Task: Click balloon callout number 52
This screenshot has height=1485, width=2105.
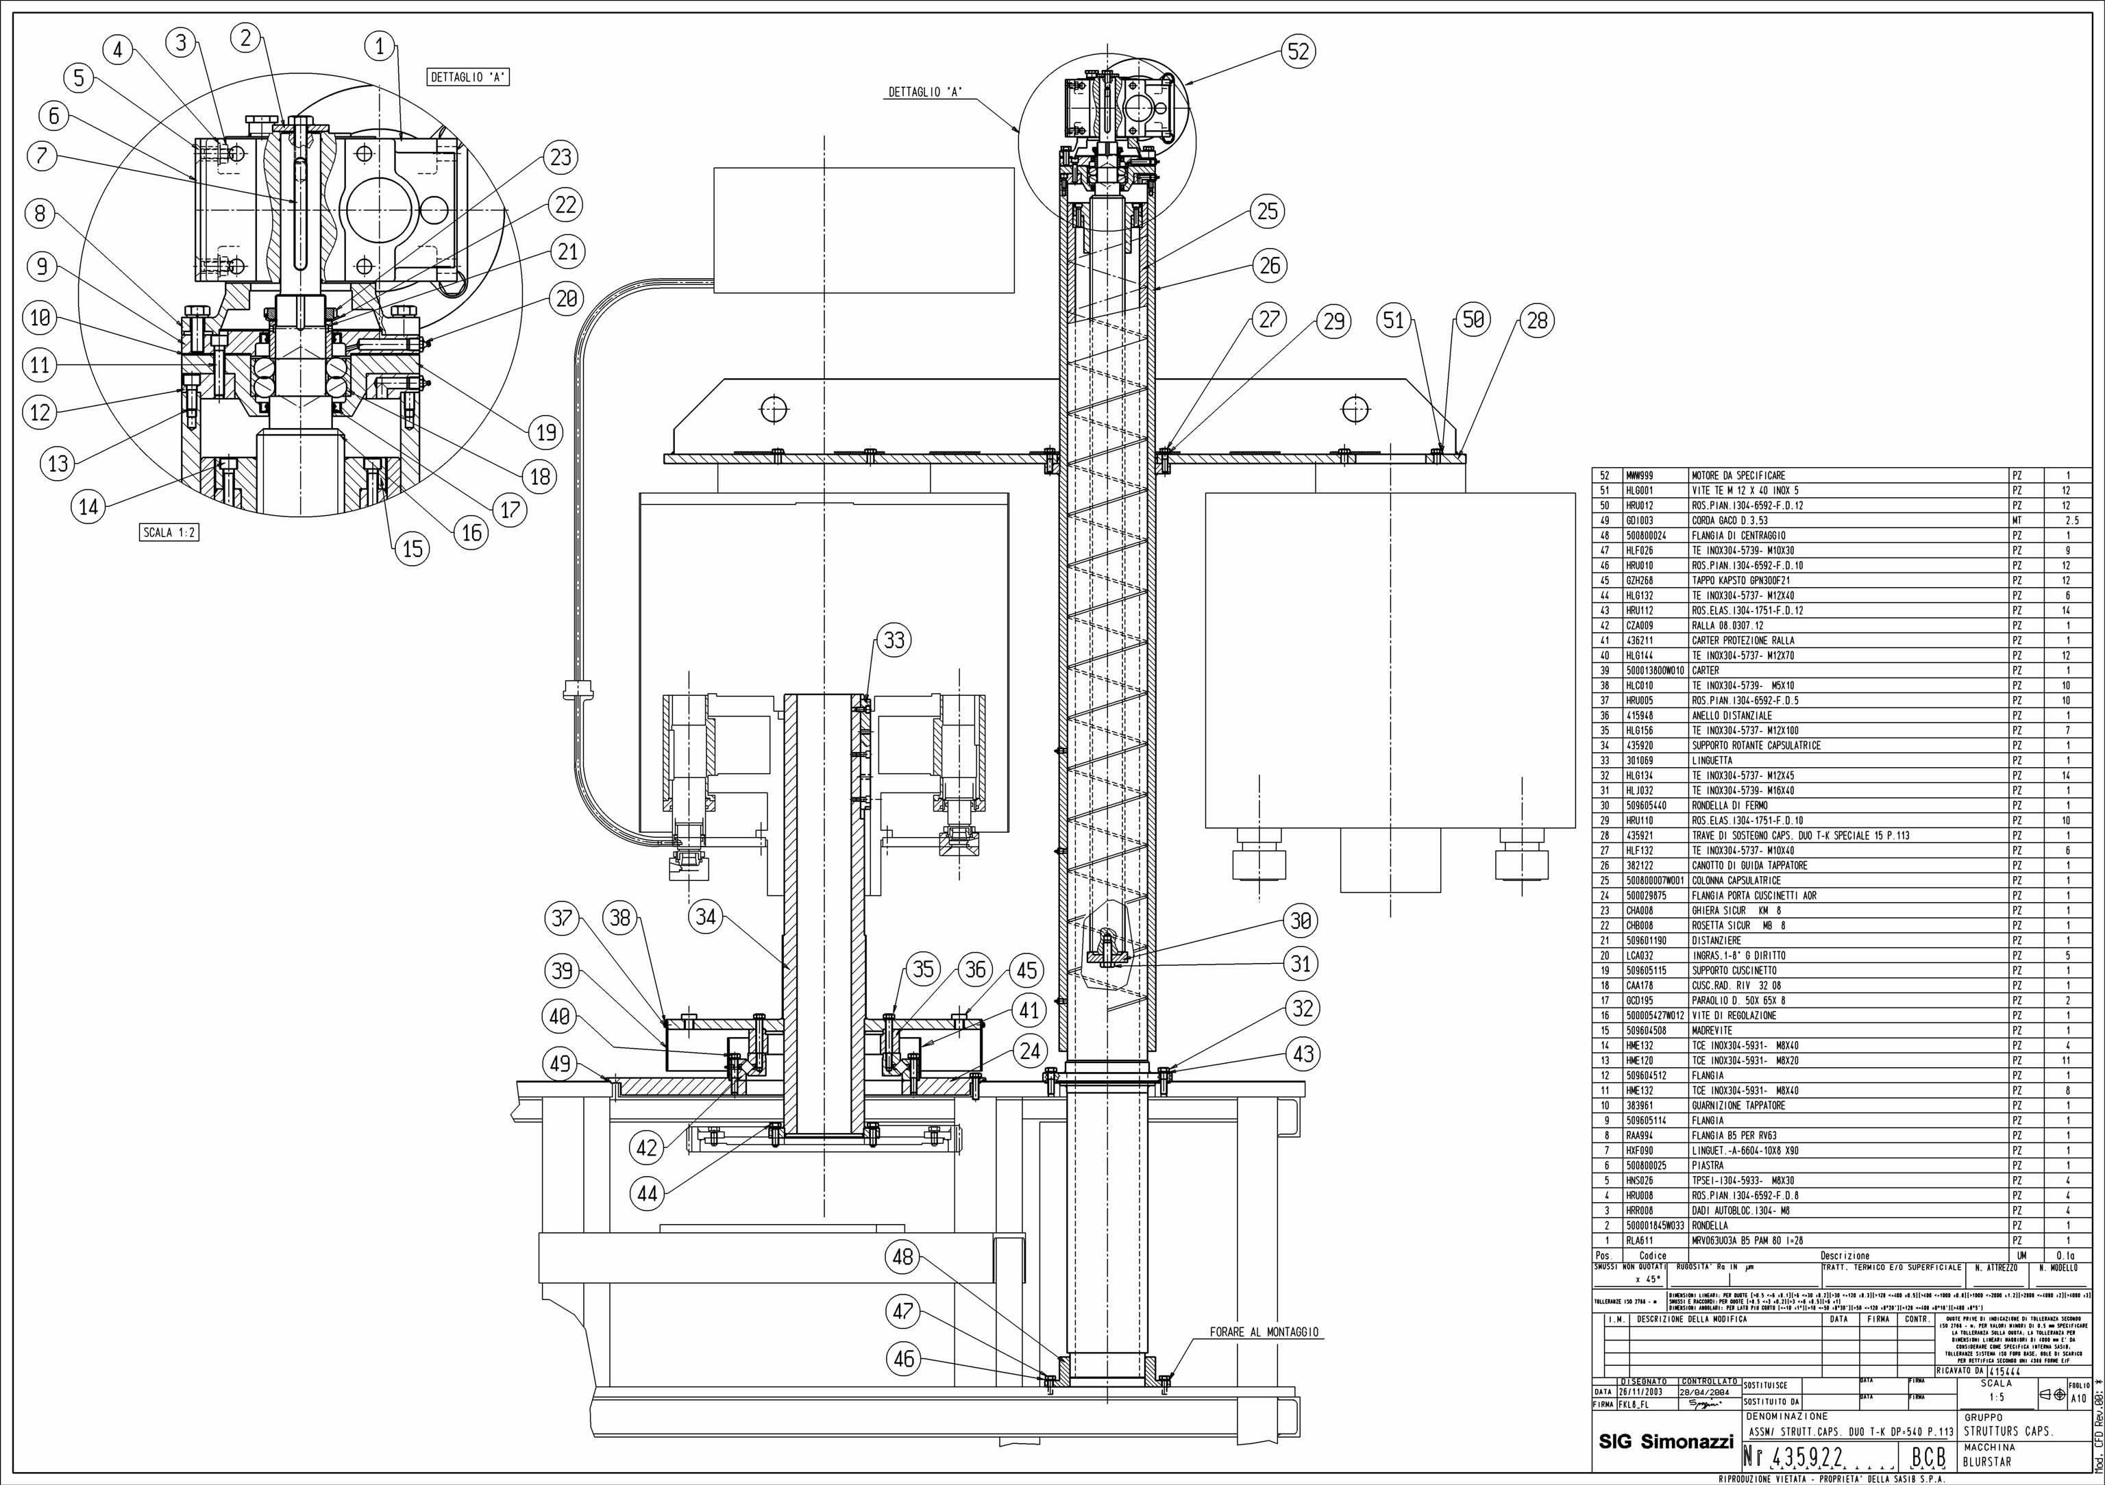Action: pyautogui.click(x=1299, y=51)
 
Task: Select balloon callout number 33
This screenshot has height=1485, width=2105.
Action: pyautogui.click(x=894, y=640)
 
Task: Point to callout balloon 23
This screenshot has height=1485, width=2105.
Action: pyautogui.click(x=561, y=158)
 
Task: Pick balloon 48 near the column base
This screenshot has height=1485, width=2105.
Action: pyautogui.click(x=903, y=1257)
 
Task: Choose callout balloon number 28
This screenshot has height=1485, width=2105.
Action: pyautogui.click(x=1538, y=320)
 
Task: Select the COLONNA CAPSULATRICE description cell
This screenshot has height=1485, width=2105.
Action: pyautogui.click(x=1736, y=880)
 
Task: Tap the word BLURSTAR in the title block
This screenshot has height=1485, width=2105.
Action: pyautogui.click(x=1986, y=1461)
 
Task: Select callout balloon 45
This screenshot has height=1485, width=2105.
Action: pyautogui.click(x=1027, y=970)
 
